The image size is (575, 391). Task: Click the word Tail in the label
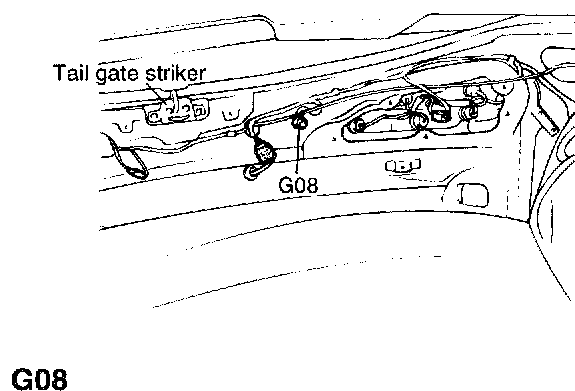pyautogui.click(x=71, y=72)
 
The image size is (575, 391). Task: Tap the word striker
pyautogui.click(x=176, y=73)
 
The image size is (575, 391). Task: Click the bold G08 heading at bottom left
pyautogui.click(x=40, y=379)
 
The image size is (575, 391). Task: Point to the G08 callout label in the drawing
pyautogui.click(x=298, y=185)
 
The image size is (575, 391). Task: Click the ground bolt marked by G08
pyautogui.click(x=299, y=122)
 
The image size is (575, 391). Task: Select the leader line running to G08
pyautogui.click(x=298, y=150)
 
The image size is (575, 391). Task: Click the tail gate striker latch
pyautogui.click(x=177, y=109)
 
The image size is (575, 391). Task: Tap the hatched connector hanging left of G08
pyautogui.click(x=264, y=151)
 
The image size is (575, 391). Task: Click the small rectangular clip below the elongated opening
pyautogui.click(x=403, y=166)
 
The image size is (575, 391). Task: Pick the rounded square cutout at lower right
pyautogui.click(x=474, y=195)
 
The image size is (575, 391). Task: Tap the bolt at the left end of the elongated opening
pyautogui.click(x=358, y=126)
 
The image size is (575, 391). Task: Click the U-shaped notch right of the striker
pyautogui.click(x=231, y=114)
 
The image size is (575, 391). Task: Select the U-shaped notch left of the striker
pyautogui.click(x=125, y=127)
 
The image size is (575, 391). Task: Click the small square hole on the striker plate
pyautogui.click(x=199, y=110)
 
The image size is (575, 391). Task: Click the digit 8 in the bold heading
pyautogui.click(x=59, y=379)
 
